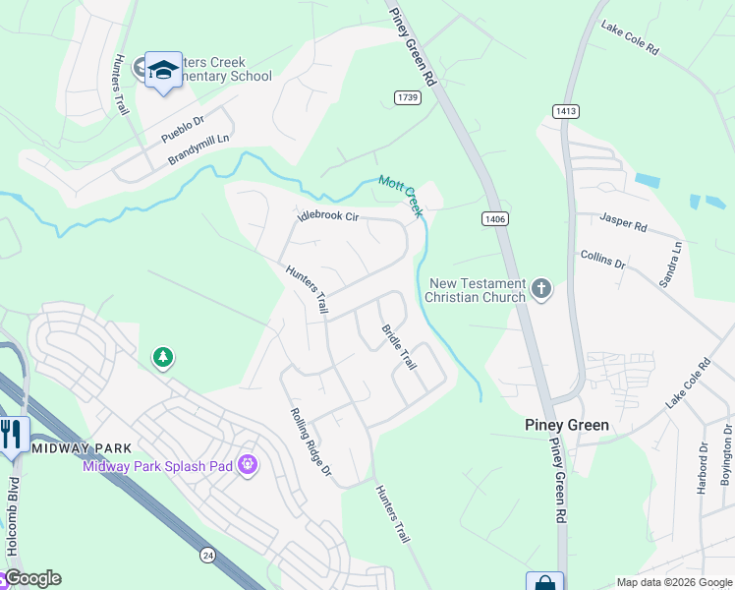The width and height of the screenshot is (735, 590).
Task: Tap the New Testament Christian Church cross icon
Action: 539,289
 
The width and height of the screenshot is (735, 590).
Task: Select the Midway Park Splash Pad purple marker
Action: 246,463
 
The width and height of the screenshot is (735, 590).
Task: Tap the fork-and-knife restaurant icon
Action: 12,434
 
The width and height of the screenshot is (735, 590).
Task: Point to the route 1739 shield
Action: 408,96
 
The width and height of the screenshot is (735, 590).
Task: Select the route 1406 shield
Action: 495,218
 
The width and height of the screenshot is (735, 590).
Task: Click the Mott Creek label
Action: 400,189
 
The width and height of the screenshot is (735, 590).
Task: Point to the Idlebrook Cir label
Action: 328,216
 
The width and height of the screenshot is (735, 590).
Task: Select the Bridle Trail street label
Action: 398,347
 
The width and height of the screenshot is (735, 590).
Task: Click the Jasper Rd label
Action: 624,225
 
